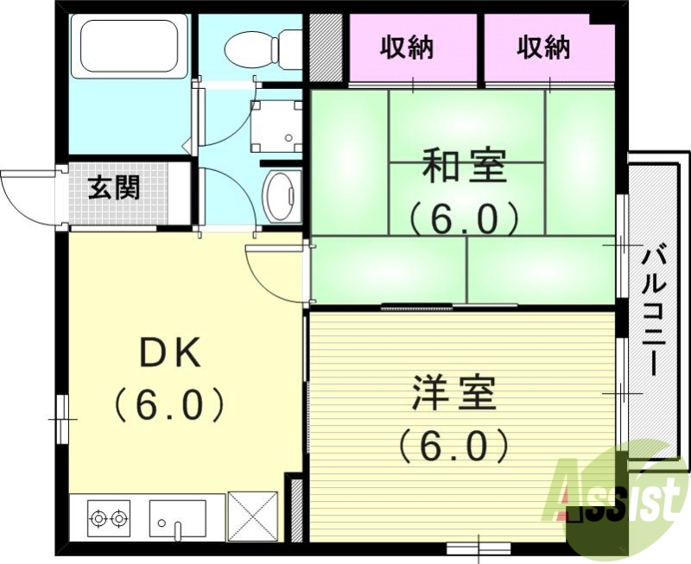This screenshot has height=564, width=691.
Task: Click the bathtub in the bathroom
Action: pyautogui.click(x=134, y=48)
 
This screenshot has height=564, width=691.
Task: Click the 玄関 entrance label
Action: pyautogui.click(x=113, y=186)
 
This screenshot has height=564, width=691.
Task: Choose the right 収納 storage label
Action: pyautogui.click(x=544, y=48)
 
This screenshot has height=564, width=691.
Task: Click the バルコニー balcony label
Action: pyautogui.click(x=653, y=311)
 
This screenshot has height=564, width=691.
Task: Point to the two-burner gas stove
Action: pyautogui.click(x=108, y=518)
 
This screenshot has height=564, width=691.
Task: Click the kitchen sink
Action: pyautogui.click(x=177, y=519)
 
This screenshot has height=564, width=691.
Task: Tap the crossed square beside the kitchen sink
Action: pyautogui.click(x=252, y=516)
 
